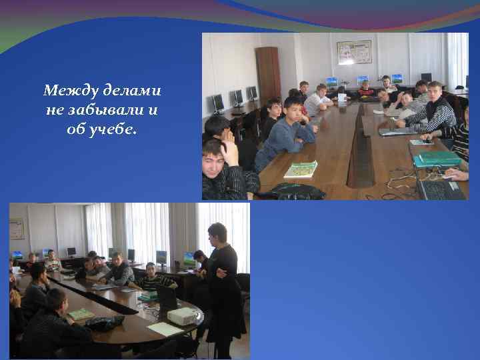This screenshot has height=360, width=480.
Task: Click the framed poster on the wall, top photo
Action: pyautogui.click(x=353, y=52)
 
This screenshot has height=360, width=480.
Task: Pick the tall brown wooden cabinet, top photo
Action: pyautogui.click(x=268, y=73)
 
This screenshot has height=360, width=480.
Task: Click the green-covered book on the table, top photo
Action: pyautogui.click(x=301, y=169)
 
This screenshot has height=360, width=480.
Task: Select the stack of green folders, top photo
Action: pyautogui.click(x=437, y=159)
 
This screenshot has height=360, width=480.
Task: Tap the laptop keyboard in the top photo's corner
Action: pyautogui.click(x=441, y=189)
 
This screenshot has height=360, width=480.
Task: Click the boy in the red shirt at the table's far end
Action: pyautogui.click(x=366, y=89)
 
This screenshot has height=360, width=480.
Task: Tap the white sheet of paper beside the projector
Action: pyautogui.click(x=164, y=329)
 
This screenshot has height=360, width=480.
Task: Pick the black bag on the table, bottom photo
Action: pyautogui.click(x=105, y=323)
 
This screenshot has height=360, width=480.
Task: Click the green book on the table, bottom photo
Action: pyautogui.click(x=81, y=313)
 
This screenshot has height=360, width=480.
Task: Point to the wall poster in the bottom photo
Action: pyautogui.click(x=17, y=228)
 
